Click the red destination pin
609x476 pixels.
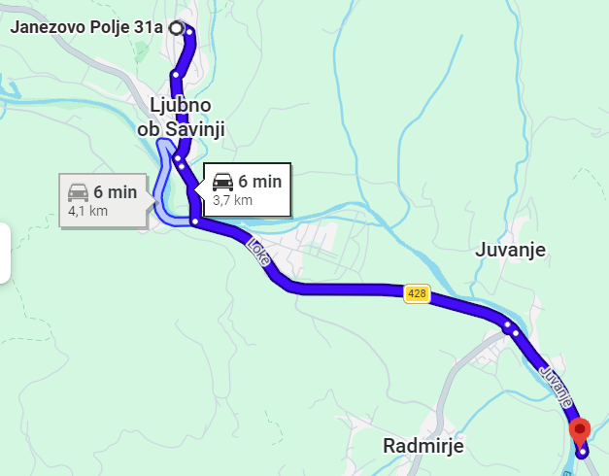tap(580, 428)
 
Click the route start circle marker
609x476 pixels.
tap(175, 27)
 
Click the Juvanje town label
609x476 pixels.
tap(511, 251)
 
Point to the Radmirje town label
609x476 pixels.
tap(423, 446)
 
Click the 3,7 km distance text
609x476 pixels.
tap(232, 200)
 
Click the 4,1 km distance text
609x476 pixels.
tap(87, 211)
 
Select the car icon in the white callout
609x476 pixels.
tap(222, 181)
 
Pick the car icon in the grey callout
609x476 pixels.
tap(79, 191)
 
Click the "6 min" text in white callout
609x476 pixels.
tap(259, 181)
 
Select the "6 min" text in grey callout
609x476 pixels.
tap(116, 191)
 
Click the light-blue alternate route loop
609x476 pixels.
tap(161, 185)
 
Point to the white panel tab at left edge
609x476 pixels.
tap(5, 253)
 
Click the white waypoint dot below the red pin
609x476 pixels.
tap(582, 451)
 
